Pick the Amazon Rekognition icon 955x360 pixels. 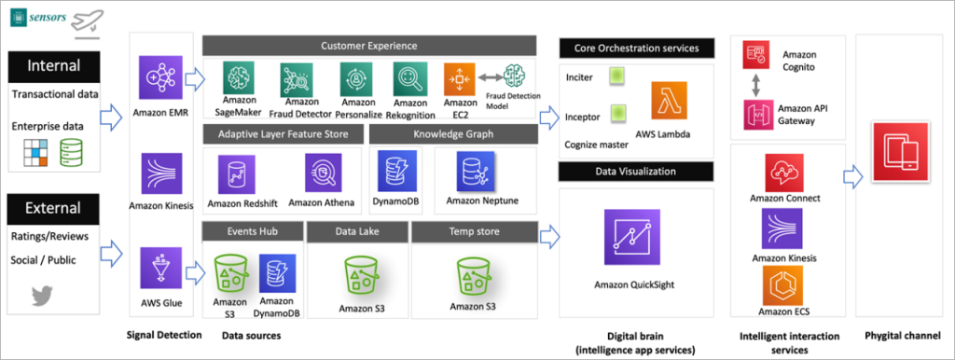click(x=409, y=78)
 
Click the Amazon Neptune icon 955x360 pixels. click(x=476, y=173)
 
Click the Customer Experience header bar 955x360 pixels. click(x=368, y=45)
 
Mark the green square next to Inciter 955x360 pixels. click(x=616, y=78)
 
